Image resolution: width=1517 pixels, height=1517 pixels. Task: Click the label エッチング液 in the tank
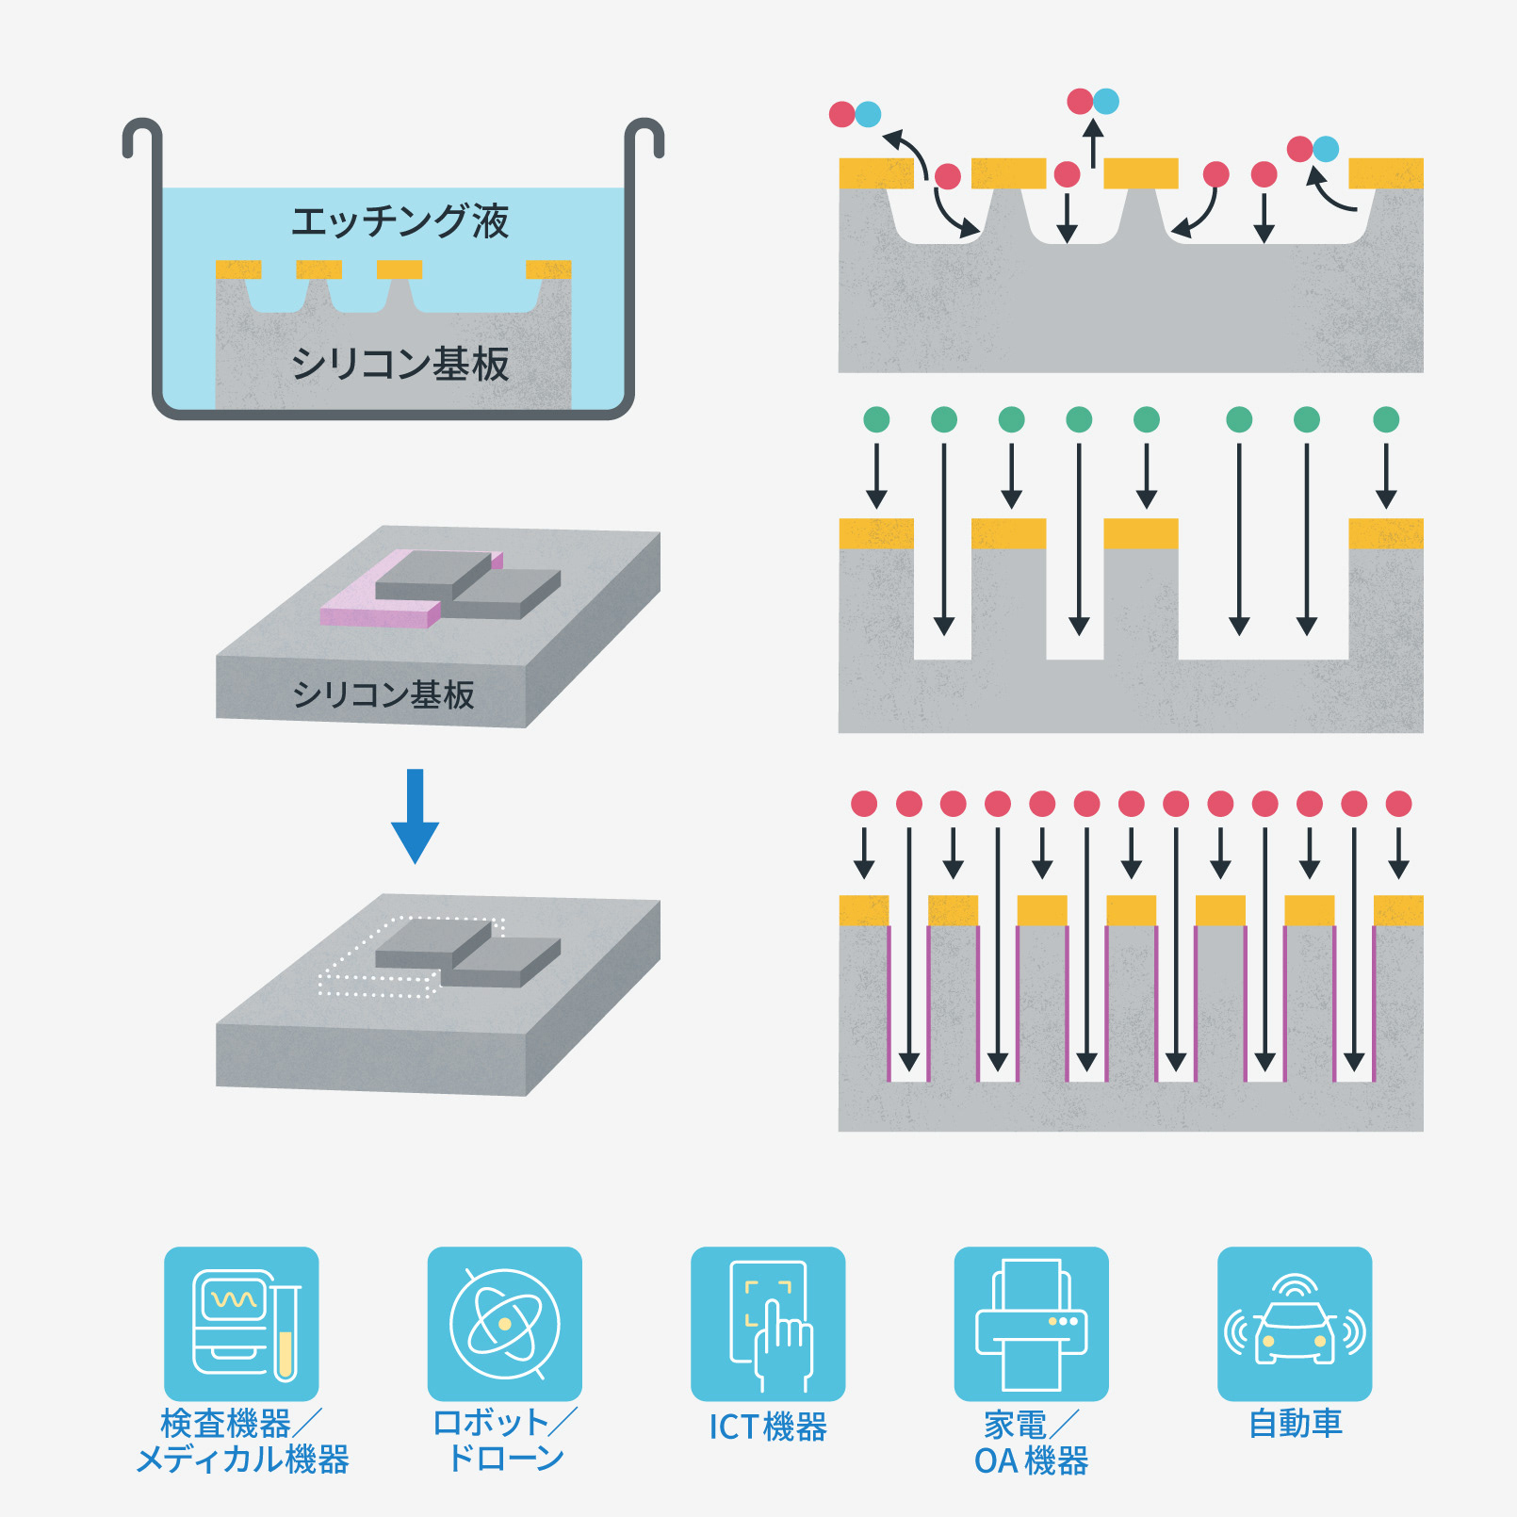(x=400, y=221)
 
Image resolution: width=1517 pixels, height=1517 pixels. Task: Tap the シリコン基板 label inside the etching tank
(x=400, y=364)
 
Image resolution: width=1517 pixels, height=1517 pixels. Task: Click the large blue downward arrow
(x=415, y=816)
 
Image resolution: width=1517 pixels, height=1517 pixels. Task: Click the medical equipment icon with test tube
(x=241, y=1323)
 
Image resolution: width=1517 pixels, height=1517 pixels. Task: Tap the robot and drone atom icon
(x=504, y=1323)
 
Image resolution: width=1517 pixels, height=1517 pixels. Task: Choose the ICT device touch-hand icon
(x=768, y=1323)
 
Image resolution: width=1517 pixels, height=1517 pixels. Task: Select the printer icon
(x=1031, y=1323)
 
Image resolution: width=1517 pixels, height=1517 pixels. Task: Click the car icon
(x=1295, y=1323)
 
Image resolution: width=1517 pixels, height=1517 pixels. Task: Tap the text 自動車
(x=1295, y=1423)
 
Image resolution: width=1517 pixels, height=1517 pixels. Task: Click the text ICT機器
(x=768, y=1427)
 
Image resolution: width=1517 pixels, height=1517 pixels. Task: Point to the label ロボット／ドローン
(x=504, y=1440)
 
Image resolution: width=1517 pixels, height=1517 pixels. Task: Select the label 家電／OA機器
(x=1031, y=1442)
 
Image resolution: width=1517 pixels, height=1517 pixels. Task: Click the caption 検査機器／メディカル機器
(x=241, y=1440)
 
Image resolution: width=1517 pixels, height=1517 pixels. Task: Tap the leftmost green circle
(x=876, y=419)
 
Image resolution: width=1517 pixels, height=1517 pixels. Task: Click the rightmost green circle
(x=1386, y=419)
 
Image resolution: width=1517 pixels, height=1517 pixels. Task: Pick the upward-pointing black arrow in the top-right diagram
(x=1093, y=143)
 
